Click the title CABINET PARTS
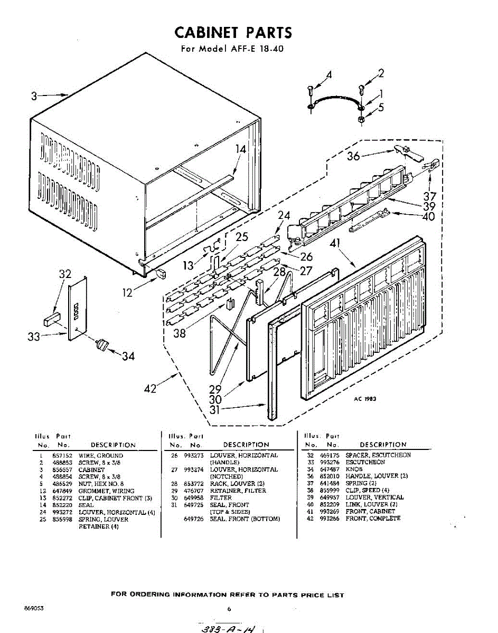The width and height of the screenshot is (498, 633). point(233,33)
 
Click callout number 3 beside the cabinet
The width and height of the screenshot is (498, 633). point(34,97)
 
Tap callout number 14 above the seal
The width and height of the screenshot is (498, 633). point(241,150)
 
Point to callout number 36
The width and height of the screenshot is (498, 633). point(353,156)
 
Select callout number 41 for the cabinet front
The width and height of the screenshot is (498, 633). point(334,244)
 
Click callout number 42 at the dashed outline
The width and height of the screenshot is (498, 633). point(151,389)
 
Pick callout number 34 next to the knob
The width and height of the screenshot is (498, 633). point(128,357)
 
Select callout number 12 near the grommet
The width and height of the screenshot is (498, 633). point(127,292)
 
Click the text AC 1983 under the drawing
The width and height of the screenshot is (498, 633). point(365,399)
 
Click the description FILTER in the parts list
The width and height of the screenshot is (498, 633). point(221,497)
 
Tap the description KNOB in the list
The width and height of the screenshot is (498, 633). point(354,469)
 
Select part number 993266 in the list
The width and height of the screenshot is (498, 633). point(330,519)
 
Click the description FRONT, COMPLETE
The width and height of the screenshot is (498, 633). point(373,519)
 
